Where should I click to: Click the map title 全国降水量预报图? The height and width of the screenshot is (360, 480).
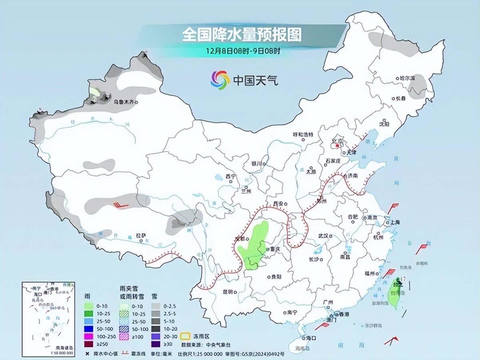[x=242, y=35]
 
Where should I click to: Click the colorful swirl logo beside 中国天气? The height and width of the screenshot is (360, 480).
[x=220, y=80]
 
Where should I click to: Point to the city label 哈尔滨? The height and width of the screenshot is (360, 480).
[x=408, y=79]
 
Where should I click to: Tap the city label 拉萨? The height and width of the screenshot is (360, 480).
[x=140, y=236]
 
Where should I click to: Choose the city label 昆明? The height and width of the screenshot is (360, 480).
[x=228, y=292]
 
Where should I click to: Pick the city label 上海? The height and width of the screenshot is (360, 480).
[x=395, y=222]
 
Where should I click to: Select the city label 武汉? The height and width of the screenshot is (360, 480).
[x=323, y=236]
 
